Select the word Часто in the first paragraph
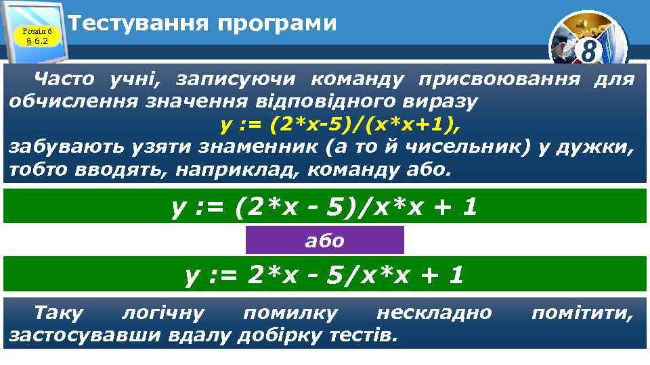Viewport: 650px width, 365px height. [x=66, y=80]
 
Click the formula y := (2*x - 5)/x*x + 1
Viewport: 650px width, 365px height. [x=324, y=206]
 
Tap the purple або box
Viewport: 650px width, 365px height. [x=324, y=241]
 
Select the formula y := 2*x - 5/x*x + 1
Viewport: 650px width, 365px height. [x=324, y=274]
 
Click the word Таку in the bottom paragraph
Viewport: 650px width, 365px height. [x=59, y=312]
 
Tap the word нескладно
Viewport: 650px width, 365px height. [x=434, y=312]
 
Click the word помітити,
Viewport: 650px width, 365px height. [x=582, y=312]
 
